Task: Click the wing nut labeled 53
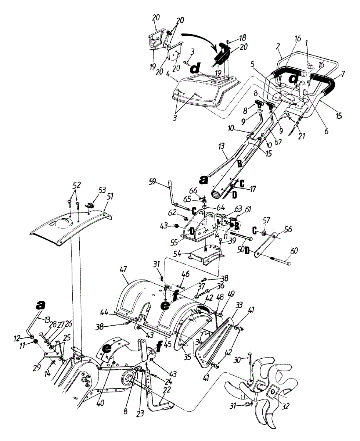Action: (89, 205)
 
